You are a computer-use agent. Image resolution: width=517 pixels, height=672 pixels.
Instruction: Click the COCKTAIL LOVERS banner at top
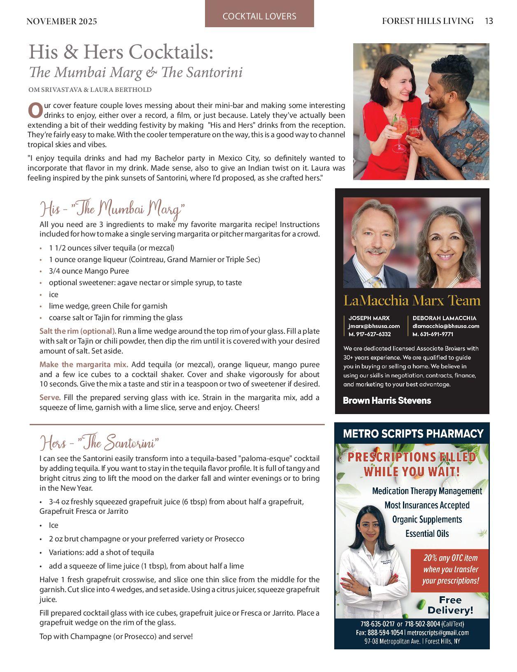coord(259,16)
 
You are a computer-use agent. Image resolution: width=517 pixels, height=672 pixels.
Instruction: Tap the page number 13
coord(489,21)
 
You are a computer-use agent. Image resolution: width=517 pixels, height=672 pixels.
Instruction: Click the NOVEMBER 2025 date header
coord(62,21)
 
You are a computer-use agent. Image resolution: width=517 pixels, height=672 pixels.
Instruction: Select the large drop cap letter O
coord(35,110)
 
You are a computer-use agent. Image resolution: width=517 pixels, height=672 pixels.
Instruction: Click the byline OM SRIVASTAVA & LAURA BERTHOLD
coord(90,89)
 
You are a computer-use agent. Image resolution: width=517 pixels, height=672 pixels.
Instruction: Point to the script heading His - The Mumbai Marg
coord(112,209)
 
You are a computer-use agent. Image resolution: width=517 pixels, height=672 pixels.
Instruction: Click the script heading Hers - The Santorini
coord(99,443)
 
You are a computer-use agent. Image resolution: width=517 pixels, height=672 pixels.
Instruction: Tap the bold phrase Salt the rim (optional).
coord(78,331)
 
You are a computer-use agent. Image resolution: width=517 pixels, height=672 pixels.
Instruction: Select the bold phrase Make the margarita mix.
coord(84,364)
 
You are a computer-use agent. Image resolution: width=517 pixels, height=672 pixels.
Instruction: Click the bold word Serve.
coord(50,398)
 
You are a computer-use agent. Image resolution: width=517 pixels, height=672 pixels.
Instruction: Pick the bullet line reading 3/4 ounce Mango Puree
coord(89,271)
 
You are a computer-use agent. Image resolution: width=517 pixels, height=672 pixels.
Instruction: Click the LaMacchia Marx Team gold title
coord(412,300)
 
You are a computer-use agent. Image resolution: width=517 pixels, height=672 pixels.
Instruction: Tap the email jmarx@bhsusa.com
coord(374,326)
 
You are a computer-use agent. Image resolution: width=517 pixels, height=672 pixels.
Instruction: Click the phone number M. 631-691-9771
coord(433,334)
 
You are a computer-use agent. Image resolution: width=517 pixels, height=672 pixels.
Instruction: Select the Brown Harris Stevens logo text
coord(387,400)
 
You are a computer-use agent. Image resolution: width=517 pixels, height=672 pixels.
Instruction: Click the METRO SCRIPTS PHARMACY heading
coord(413,433)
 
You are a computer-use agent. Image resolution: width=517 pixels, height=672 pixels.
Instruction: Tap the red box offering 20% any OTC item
coord(450,569)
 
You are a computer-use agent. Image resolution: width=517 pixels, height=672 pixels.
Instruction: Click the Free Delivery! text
coord(450,605)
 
